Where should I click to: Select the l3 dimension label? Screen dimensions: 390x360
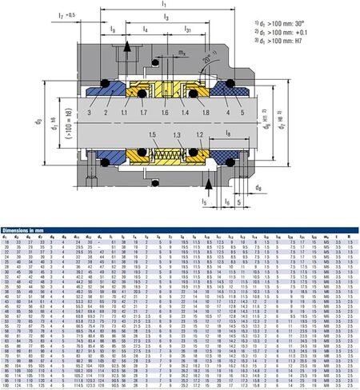click(165, 15)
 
